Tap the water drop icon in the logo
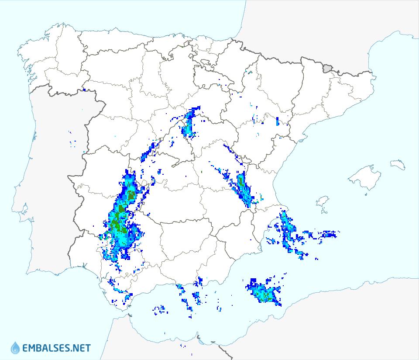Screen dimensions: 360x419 tap(15, 348)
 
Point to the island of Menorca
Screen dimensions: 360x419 tap(398, 164)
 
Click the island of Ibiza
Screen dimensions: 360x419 tap(322, 202)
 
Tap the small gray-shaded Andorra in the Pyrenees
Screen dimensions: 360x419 tap(327, 68)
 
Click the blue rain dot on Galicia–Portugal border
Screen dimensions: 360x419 tap(83, 90)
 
